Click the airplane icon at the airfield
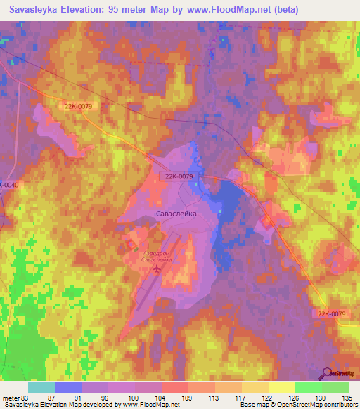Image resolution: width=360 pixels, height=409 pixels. (156, 267)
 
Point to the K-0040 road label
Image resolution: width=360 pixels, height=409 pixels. (8, 184)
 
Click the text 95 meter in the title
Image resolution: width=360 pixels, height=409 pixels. (120, 10)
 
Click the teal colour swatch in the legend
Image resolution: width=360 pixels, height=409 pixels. (41, 387)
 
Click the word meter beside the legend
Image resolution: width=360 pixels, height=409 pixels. (11, 397)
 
